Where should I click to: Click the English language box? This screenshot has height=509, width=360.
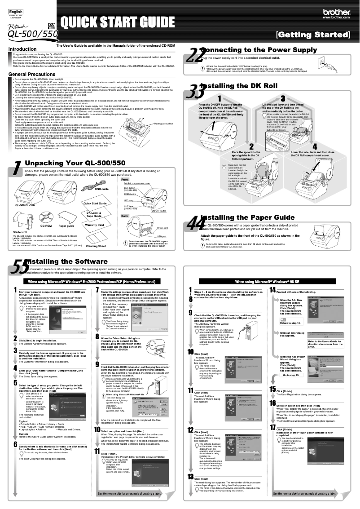tap(16, 11)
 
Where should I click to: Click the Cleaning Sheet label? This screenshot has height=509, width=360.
tap(96, 246)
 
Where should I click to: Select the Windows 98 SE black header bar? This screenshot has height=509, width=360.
tap(269, 281)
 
